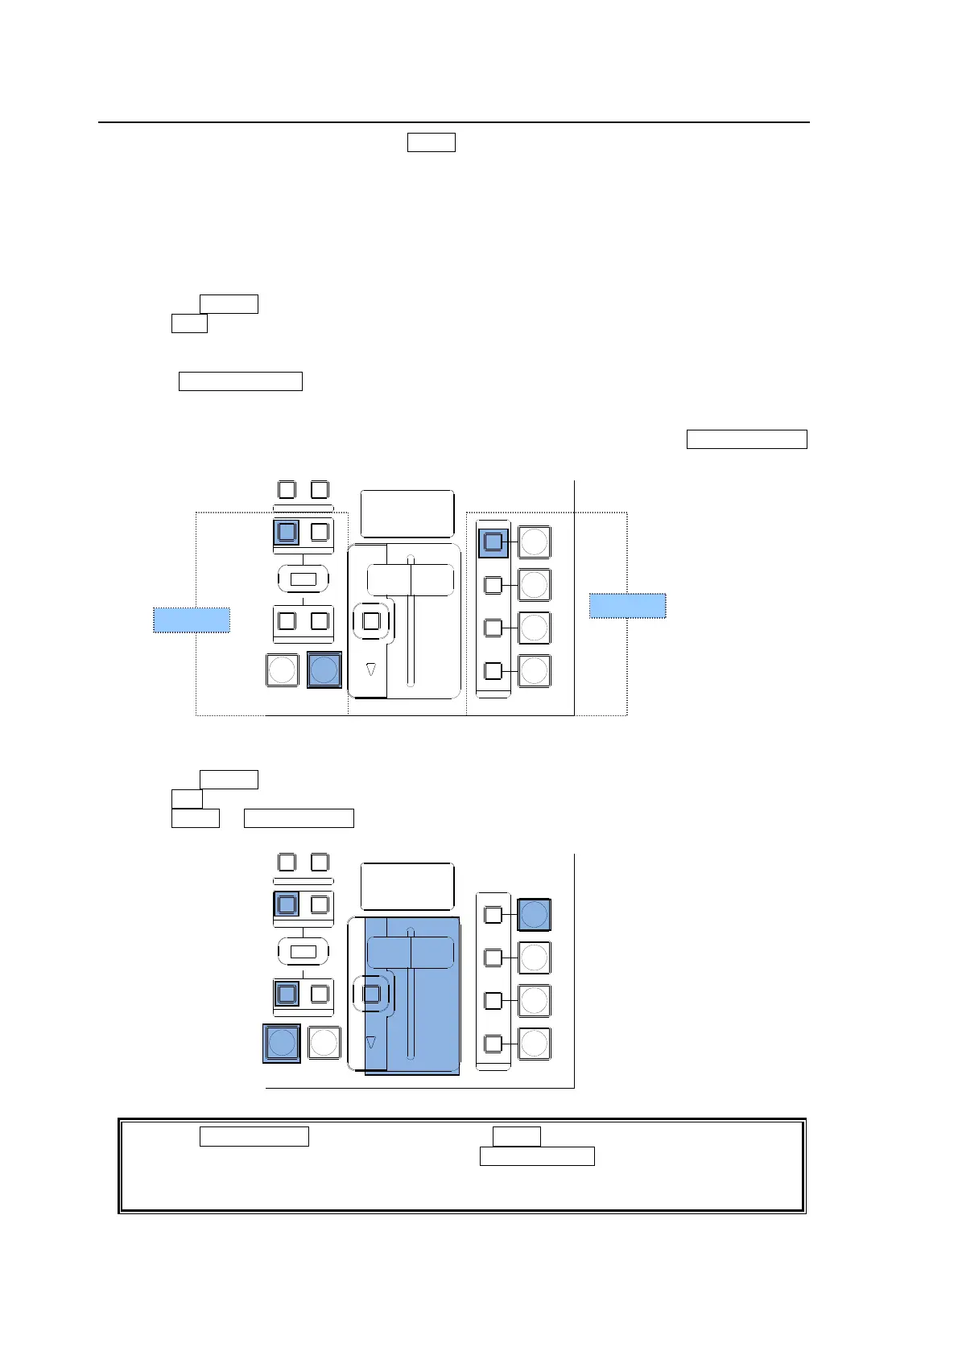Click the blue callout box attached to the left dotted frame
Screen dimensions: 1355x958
[192, 620]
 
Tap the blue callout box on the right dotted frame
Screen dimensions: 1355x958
[627, 605]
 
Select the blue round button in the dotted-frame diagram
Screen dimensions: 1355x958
[324, 669]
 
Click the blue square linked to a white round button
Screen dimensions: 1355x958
[493, 542]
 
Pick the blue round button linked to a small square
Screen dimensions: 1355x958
[534, 915]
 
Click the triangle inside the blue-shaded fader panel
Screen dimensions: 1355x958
[371, 1042]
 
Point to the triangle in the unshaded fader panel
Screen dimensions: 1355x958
[371, 669]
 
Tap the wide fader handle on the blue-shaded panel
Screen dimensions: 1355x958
[411, 953]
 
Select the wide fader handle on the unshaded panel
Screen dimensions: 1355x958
[411, 579]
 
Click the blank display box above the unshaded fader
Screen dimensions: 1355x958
[407, 513]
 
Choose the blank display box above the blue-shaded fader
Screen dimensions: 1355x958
[407, 886]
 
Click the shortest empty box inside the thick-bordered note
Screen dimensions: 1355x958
[516, 1136]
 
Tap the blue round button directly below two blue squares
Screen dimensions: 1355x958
[282, 1043]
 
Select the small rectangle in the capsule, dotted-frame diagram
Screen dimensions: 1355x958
[304, 579]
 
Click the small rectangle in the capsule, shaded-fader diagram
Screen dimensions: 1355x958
[304, 952]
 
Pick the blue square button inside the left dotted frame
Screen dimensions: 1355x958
[287, 532]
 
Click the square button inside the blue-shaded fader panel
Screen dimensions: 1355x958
[371, 994]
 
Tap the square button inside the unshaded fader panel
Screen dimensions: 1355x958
[371, 621]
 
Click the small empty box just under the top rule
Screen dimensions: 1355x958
[431, 142]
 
